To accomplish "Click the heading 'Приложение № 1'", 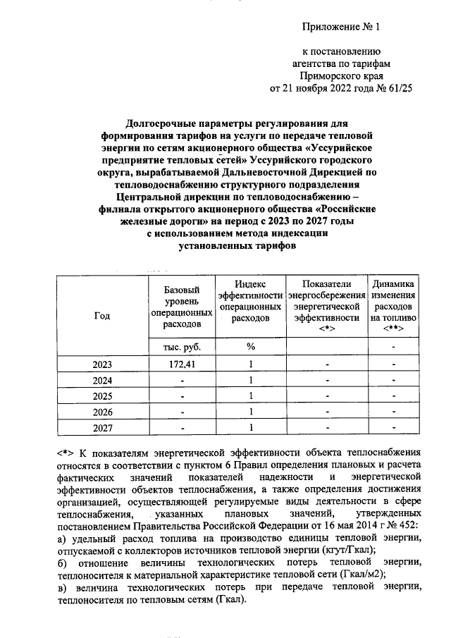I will click(340, 28).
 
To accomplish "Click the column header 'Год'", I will click(101, 317).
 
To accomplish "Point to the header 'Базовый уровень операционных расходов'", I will click(181, 307).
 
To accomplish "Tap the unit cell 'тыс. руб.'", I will click(181, 347).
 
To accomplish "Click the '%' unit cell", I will click(250, 347).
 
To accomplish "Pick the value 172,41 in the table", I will click(181, 364).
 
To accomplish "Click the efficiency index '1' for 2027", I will click(250, 427).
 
